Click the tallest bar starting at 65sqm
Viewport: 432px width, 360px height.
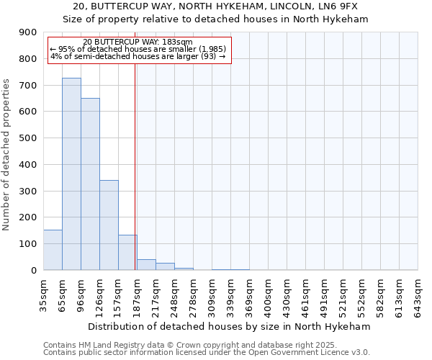(71, 174)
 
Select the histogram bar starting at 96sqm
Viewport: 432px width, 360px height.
(90, 184)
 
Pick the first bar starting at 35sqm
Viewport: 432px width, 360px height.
(53, 250)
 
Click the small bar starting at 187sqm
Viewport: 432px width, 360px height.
(146, 264)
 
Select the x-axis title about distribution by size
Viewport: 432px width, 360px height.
(230, 326)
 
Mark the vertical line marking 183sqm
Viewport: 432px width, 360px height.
(135, 166)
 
